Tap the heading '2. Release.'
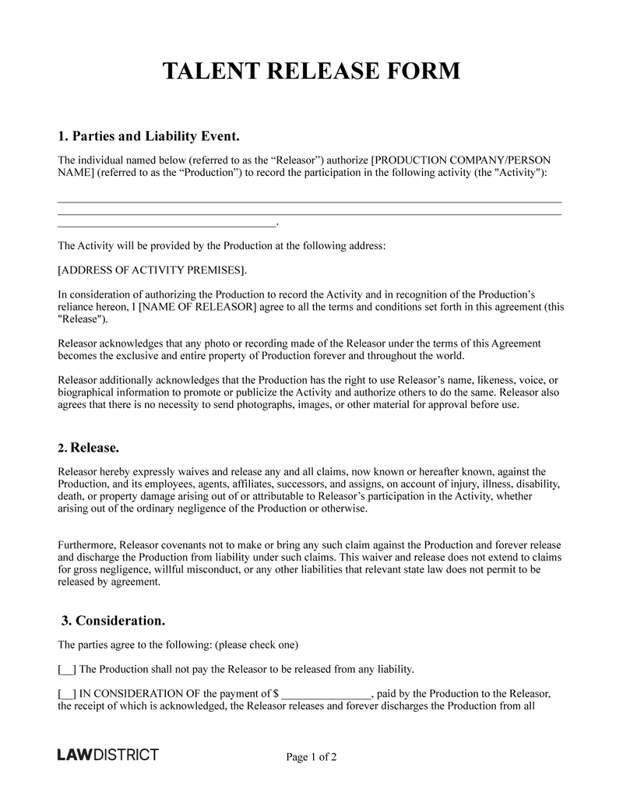[x=89, y=448]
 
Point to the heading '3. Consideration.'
[x=114, y=621]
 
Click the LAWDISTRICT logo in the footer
[x=108, y=755]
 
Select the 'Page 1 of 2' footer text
[x=311, y=756]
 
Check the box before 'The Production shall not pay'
[x=67, y=669]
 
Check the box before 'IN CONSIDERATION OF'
[x=67, y=693]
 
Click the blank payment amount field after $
[x=326, y=694]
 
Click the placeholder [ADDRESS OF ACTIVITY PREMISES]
[x=153, y=270]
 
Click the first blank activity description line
[x=310, y=201]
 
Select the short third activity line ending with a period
[x=167, y=224]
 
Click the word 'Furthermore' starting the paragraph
[x=87, y=544]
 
